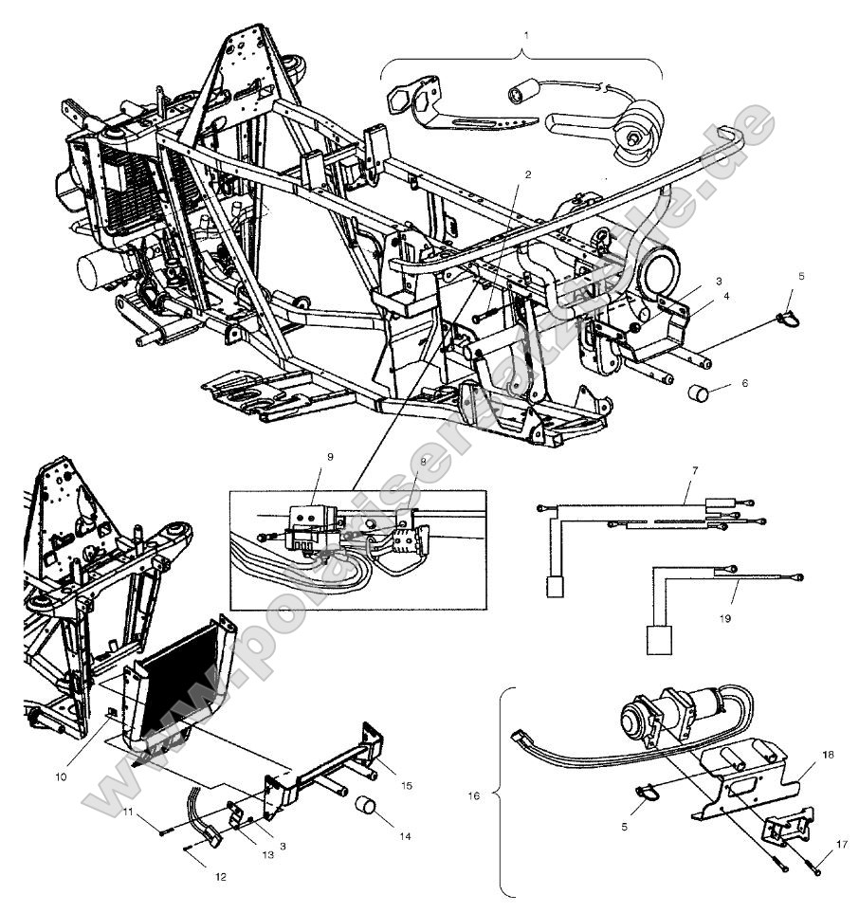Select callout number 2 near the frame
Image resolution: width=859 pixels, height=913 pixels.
pyautogui.click(x=528, y=175)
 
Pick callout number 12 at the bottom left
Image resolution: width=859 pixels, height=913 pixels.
pyautogui.click(x=219, y=877)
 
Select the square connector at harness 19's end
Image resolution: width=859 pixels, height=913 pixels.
pyautogui.click(x=660, y=640)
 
